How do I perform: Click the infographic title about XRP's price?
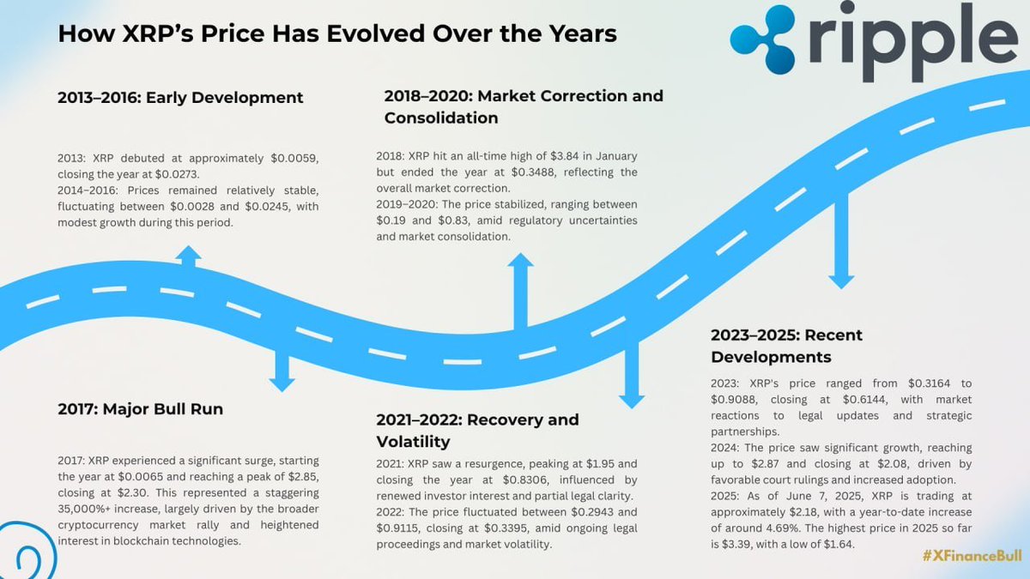point(337,33)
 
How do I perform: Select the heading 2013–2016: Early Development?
point(180,98)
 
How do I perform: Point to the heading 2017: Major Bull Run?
point(140,409)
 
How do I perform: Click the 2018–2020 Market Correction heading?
point(524,106)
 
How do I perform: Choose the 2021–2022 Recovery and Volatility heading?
point(477,431)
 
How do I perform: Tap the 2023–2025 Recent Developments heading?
point(786,346)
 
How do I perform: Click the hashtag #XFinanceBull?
point(972,556)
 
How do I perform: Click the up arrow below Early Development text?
point(188,256)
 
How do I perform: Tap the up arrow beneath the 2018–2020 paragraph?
point(520,292)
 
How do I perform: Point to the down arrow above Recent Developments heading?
point(841,241)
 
